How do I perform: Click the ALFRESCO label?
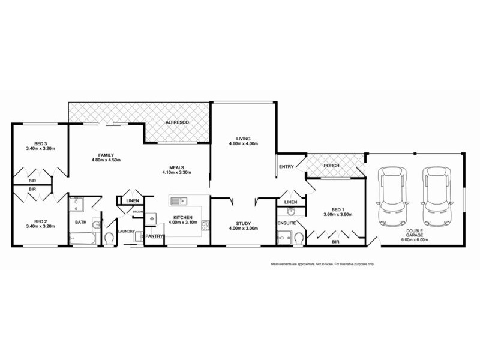tap(177, 122)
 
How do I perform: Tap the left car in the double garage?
tap(391, 194)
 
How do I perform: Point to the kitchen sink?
tap(179, 200)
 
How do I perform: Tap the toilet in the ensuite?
tap(298, 240)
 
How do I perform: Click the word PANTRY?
tap(154, 236)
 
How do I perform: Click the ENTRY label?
tap(286, 166)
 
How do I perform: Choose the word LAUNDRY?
tap(126, 231)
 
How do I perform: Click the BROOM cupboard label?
tap(137, 212)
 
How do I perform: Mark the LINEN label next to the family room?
tap(133, 201)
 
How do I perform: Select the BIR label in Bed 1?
tap(335, 242)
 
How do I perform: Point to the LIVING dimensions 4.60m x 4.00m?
tap(243, 144)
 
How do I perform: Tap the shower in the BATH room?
tap(77, 206)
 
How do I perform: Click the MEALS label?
tap(176, 167)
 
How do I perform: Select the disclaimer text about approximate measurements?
tap(323, 264)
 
